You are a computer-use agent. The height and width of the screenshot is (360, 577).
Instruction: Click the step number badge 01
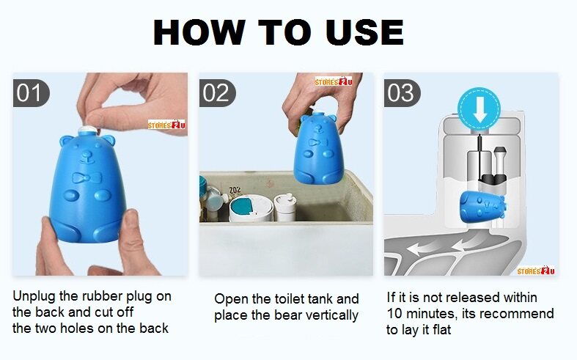coord(31,93)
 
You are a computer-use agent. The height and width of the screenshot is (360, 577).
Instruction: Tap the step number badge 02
coord(217,93)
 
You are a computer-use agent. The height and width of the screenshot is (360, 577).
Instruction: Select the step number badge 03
coord(402,93)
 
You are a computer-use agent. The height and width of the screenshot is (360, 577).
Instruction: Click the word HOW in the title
coord(199,32)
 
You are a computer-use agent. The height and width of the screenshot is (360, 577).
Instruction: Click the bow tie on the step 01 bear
coord(87,178)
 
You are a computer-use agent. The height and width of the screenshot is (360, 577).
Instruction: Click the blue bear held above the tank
coord(319,148)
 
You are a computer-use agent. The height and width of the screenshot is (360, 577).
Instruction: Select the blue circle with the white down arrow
coord(479,109)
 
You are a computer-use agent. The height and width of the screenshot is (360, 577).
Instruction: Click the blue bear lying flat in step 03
coord(483,206)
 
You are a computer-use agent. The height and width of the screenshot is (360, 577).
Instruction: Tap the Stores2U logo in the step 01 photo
coord(166,125)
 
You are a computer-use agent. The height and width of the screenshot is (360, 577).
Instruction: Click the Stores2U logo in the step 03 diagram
coord(536,271)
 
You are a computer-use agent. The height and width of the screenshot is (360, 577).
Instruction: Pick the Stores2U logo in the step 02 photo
coord(334,81)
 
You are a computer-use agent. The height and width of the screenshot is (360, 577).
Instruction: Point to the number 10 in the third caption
coord(394,314)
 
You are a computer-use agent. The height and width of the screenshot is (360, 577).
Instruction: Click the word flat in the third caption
coord(441,329)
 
